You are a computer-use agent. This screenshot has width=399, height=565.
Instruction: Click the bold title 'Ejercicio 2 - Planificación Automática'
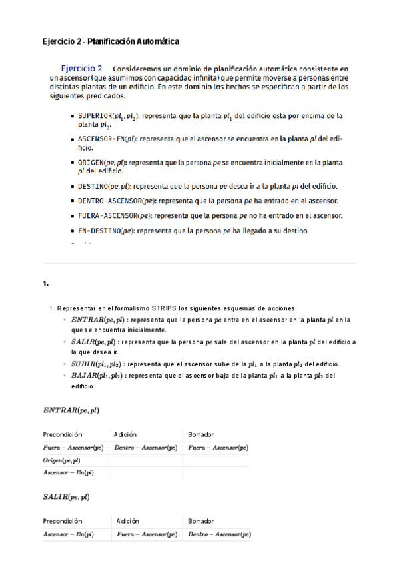(111, 41)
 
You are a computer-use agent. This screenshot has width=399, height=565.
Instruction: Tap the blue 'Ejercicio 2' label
(82, 68)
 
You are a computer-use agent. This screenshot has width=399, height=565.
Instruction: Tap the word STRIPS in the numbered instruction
(164, 308)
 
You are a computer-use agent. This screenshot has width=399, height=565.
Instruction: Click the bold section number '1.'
(46, 284)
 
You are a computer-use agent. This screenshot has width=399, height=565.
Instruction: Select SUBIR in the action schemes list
(84, 364)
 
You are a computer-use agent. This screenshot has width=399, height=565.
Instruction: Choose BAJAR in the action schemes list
(85, 376)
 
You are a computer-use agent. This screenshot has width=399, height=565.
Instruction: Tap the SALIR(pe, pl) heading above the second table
(66, 497)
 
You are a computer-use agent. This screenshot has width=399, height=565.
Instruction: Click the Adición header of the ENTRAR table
(126, 434)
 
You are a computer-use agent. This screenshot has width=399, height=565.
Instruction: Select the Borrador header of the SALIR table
(201, 521)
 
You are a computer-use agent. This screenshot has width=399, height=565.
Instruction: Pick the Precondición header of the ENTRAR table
(63, 434)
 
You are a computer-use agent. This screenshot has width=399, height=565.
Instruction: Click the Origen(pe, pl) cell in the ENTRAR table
(62, 460)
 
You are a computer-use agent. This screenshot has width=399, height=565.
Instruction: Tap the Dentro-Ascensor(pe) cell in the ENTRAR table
(146, 448)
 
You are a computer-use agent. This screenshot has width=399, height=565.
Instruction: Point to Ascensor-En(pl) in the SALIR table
(68, 534)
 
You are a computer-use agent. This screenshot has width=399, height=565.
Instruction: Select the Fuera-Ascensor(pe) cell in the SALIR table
(147, 534)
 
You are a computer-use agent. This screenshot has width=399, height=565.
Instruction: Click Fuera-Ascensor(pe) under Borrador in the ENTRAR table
(218, 448)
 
